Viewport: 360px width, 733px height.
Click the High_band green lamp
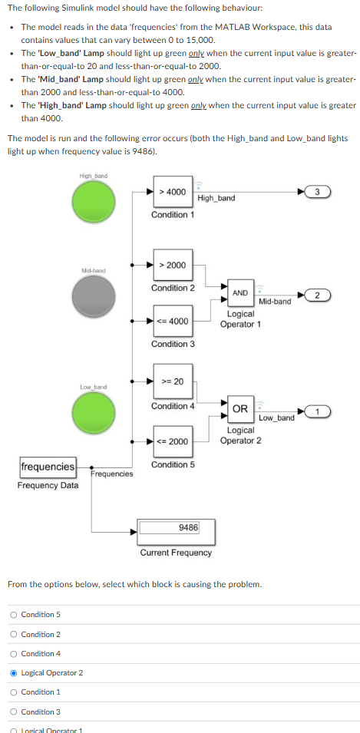[x=94, y=202]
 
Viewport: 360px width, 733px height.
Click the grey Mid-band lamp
[x=94, y=296]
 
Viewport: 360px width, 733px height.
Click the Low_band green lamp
[x=94, y=413]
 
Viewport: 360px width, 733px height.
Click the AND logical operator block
[x=240, y=293]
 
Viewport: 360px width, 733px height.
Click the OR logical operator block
[x=240, y=409]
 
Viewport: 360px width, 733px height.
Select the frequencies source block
[x=48, y=467]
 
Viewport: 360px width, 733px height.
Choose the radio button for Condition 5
[x=14, y=615]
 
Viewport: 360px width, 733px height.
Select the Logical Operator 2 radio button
[x=14, y=673]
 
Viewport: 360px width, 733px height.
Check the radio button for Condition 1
[x=14, y=692]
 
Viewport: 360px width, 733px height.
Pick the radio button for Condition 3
[x=14, y=712]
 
